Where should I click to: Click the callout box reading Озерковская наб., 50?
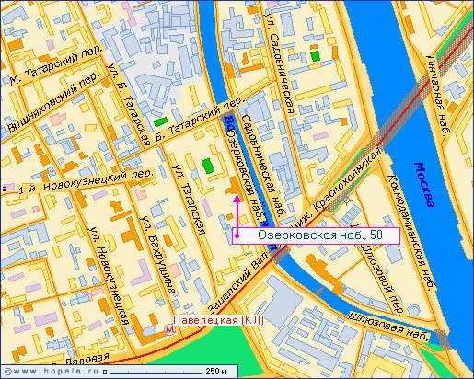click(x=316, y=235)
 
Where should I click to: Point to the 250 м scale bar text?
click(x=216, y=372)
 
